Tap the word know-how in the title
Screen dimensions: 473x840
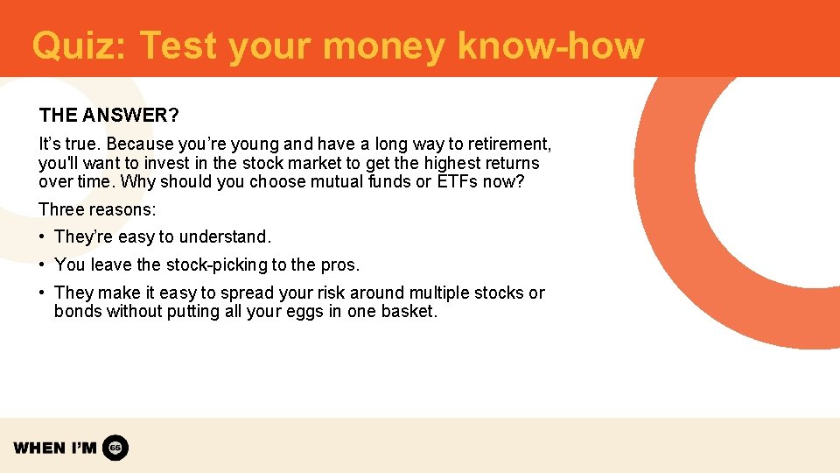click(x=550, y=46)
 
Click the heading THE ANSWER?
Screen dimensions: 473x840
click(x=109, y=116)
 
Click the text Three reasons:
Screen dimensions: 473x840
click(x=97, y=209)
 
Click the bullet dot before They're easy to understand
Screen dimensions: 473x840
click(x=43, y=237)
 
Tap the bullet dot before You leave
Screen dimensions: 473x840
click(x=43, y=265)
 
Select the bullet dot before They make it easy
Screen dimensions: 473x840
click(x=43, y=293)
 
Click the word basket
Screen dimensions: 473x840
click(x=409, y=312)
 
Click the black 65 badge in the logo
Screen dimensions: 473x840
click(x=115, y=448)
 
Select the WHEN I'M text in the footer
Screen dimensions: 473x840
click(x=55, y=448)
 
